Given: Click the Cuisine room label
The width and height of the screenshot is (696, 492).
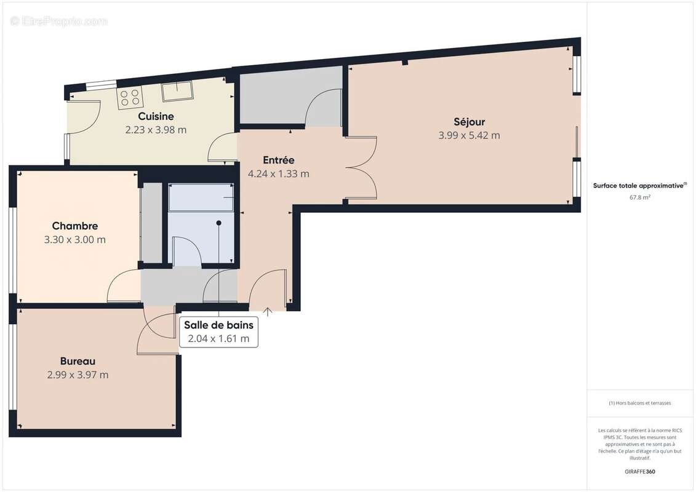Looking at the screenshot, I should [x=156, y=116].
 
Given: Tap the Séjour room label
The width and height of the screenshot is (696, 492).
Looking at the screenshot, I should [x=469, y=122].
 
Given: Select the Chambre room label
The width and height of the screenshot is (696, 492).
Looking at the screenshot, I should [x=74, y=226].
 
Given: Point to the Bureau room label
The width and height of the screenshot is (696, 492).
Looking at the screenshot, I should [x=78, y=361].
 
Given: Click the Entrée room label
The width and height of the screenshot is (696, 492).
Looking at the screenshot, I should [x=278, y=160].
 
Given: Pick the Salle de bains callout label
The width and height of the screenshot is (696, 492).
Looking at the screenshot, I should [x=218, y=325].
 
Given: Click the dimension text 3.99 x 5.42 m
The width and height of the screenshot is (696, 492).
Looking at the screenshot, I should [x=469, y=135].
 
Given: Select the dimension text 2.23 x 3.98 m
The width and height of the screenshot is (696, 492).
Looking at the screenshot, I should [x=156, y=130].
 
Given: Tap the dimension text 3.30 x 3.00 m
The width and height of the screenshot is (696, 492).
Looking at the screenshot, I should [x=74, y=240].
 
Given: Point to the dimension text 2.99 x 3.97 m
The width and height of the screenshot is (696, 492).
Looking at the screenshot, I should [x=78, y=375].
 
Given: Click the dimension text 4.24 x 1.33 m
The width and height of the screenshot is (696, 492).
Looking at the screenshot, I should [x=278, y=174].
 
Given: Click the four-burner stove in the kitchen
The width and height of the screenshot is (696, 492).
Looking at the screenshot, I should [x=130, y=96].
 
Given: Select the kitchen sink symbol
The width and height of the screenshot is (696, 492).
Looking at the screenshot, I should [x=177, y=91].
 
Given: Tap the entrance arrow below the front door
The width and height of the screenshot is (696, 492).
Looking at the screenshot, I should [x=268, y=312].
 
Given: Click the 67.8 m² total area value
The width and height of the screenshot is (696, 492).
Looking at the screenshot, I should [x=640, y=197].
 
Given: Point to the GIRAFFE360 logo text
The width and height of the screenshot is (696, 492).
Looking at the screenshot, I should [x=640, y=472].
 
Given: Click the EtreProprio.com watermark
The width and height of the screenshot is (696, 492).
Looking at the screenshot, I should [x=58, y=21].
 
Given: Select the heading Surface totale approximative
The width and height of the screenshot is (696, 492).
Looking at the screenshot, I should [x=639, y=185].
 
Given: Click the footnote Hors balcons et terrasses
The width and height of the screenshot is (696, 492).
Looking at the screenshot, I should [x=640, y=403].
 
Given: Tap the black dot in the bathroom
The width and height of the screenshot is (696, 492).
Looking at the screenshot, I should [x=218, y=223].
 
